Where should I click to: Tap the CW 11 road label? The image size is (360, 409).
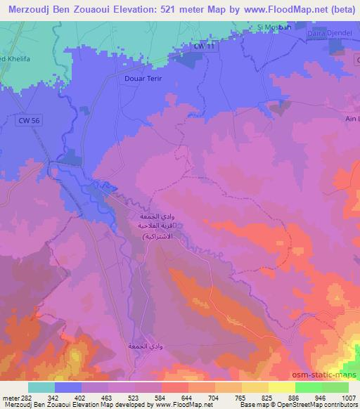(203, 46)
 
